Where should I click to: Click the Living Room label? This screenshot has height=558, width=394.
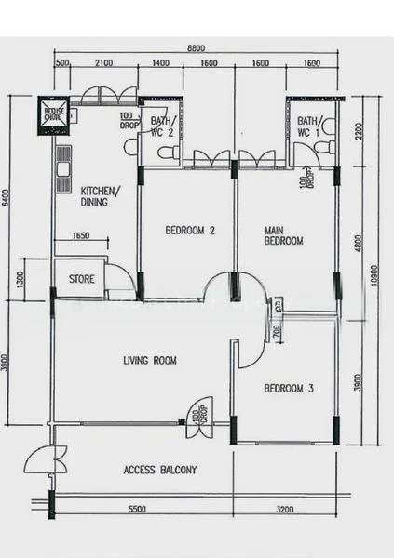pos(150,360)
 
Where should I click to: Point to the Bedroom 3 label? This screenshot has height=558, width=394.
pos(288,389)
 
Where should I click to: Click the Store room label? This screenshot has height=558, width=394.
pos(82,278)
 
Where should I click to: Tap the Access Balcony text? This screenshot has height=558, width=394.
pos(160,470)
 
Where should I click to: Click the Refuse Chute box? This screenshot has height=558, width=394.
pos(52,114)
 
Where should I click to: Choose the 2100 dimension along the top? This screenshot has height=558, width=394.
pos(103,63)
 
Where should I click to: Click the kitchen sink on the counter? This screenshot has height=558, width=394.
pos(62,167)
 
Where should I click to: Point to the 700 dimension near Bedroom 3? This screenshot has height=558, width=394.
pos(276,331)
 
